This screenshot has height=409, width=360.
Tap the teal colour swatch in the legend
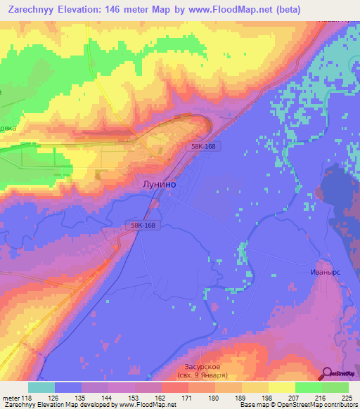pyautogui.click(x=41, y=387)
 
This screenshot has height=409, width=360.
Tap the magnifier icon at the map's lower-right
pyautogui.click(x=328, y=373)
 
